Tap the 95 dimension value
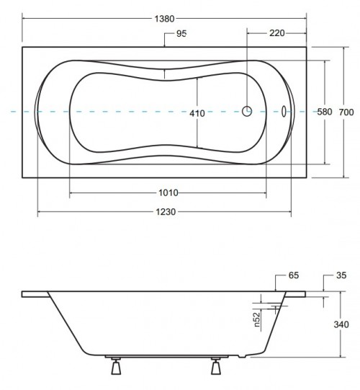click(180, 34)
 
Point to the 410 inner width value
click(197, 112)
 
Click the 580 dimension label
click(324, 112)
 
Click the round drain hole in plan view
click(247, 112)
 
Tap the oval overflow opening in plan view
click(285, 112)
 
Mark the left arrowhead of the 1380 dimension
click(24, 18)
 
